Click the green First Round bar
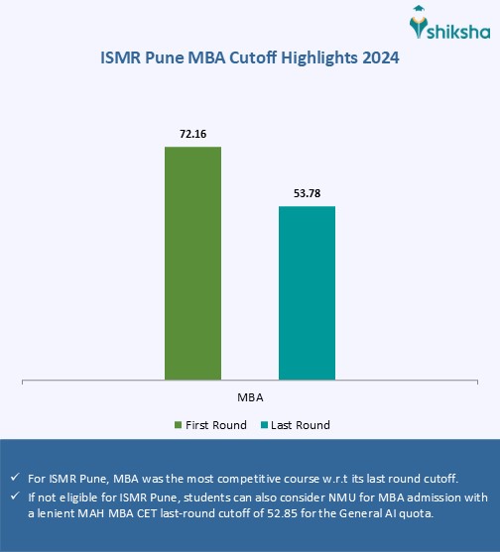[x=192, y=263]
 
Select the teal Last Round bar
[x=307, y=292]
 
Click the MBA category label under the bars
[x=250, y=396]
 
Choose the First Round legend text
[x=215, y=425]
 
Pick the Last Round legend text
[x=302, y=425]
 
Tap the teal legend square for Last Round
[x=265, y=425]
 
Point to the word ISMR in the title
[x=121, y=58]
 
